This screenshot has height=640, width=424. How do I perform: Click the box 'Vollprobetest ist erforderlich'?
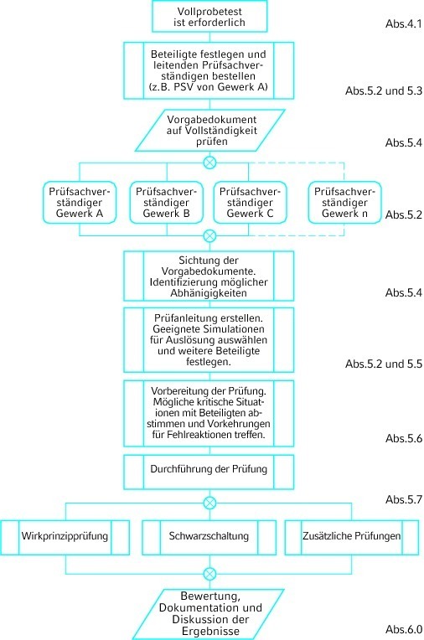point(209,16)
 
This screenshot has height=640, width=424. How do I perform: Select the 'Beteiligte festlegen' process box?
point(209,70)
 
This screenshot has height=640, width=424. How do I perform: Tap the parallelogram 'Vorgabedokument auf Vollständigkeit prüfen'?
point(210,130)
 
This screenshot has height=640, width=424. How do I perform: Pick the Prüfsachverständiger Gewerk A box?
point(80,203)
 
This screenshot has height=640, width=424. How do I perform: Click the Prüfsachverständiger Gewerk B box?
point(166,203)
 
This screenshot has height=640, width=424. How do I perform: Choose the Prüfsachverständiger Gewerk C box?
point(250,203)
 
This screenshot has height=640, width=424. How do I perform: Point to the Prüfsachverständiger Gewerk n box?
point(344,203)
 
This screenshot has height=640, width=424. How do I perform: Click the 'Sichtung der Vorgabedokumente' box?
point(209,276)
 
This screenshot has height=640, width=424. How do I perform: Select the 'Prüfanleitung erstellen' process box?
point(209,340)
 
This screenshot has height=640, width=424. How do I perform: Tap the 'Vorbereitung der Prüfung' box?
point(209,413)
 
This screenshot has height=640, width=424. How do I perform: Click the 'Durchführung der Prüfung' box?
point(209,472)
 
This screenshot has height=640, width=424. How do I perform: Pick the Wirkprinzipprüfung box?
point(65,537)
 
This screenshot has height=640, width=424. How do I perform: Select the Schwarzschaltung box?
point(209,537)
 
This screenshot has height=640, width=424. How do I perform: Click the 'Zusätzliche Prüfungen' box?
point(352,537)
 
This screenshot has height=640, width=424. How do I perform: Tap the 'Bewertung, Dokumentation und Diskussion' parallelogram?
point(209,614)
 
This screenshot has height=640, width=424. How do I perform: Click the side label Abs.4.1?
point(404,23)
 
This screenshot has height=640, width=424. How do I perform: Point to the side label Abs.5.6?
point(404,438)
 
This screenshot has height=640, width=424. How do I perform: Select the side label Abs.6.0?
point(404,629)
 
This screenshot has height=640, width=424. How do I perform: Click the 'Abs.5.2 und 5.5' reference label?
point(384,364)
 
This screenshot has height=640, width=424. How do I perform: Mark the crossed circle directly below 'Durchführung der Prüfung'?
point(209,503)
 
